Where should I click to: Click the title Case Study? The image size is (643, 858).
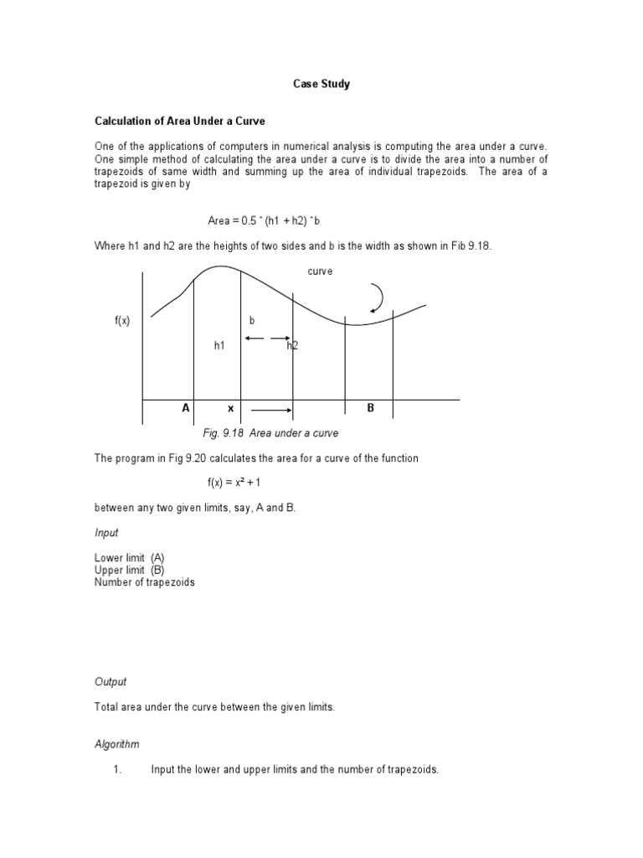pyautogui.click(x=321, y=84)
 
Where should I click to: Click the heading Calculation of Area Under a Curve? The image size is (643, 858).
pyautogui.click(x=179, y=121)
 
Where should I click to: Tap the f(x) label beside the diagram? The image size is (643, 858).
pyautogui.click(x=122, y=320)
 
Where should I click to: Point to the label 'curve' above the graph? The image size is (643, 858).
pyautogui.click(x=321, y=271)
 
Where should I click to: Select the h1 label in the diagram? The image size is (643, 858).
pyautogui.click(x=219, y=345)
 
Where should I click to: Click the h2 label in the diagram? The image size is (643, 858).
pyautogui.click(x=293, y=345)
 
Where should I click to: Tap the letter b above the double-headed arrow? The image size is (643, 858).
pyautogui.click(x=252, y=320)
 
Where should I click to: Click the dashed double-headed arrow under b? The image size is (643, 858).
pyautogui.click(x=266, y=339)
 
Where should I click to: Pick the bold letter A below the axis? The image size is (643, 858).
pyautogui.click(x=186, y=408)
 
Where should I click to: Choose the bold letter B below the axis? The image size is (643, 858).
pyautogui.click(x=370, y=408)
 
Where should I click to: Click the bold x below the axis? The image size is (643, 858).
pyautogui.click(x=230, y=409)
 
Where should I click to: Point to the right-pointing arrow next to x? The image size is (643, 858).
pyautogui.click(x=271, y=411)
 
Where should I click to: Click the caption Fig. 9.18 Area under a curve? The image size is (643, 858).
pyautogui.click(x=270, y=433)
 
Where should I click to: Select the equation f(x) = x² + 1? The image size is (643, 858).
pyautogui.click(x=239, y=483)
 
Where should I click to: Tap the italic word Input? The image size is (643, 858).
pyautogui.click(x=106, y=533)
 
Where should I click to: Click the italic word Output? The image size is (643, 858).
pyautogui.click(x=111, y=682)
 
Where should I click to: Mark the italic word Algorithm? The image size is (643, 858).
pyautogui.click(x=116, y=744)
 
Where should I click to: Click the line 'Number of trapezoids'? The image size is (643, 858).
pyautogui.click(x=144, y=582)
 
